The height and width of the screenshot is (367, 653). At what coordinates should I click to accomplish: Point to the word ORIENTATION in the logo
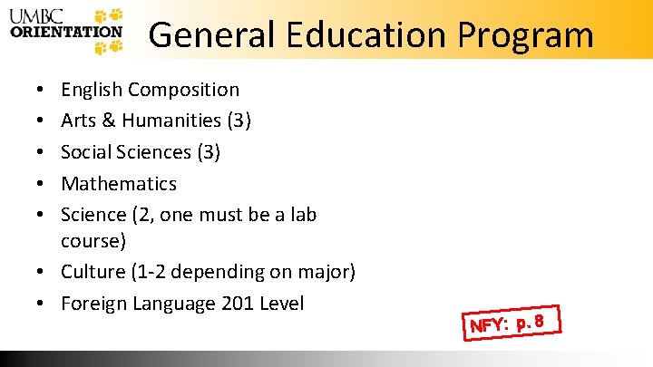pos(66,30)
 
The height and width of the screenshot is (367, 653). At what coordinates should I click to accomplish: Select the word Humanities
pos(171,121)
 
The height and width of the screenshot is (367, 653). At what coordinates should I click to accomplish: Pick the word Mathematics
pos(119,183)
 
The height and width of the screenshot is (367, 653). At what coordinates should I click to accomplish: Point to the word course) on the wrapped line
pos(93,241)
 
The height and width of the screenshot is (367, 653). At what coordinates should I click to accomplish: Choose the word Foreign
pos(94,303)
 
